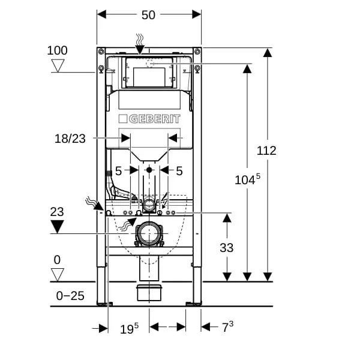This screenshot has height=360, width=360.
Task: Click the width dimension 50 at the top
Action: [x=148, y=15]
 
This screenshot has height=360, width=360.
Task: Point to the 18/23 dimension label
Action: [x=70, y=139]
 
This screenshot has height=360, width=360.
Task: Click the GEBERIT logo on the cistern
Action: [x=149, y=119]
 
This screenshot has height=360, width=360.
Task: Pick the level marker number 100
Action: [x=57, y=50]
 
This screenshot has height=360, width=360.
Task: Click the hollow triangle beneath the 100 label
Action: [x=57, y=65]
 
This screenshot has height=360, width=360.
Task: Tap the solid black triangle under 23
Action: [x=57, y=226]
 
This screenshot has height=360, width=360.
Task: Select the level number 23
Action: [x=57, y=212]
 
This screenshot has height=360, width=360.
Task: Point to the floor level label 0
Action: [x=57, y=260]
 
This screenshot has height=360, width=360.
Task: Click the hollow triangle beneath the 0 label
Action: [x=57, y=274]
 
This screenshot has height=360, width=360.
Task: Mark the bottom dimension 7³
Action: [x=227, y=327]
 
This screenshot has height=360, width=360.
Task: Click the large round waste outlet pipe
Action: [x=148, y=233]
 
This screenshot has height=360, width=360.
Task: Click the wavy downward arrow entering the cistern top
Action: [x=140, y=43]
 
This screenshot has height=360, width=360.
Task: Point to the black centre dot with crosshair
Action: [x=149, y=170]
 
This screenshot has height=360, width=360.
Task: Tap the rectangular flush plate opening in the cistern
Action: [x=149, y=76]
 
